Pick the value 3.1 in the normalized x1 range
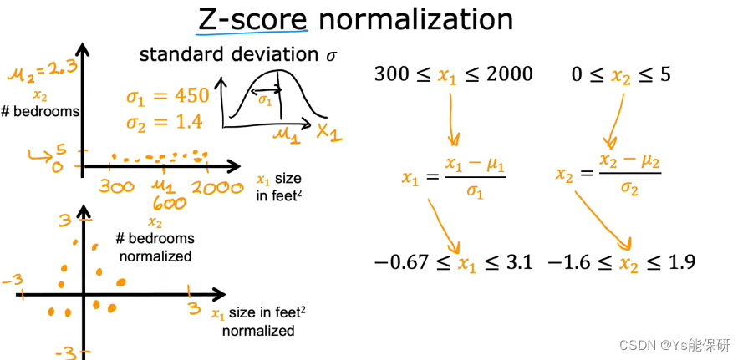point(514,263)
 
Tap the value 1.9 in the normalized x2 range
point(678,263)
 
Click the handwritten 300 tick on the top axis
point(116,188)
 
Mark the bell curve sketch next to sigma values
point(271,101)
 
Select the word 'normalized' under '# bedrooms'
point(155,256)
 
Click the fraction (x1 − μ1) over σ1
point(476,175)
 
